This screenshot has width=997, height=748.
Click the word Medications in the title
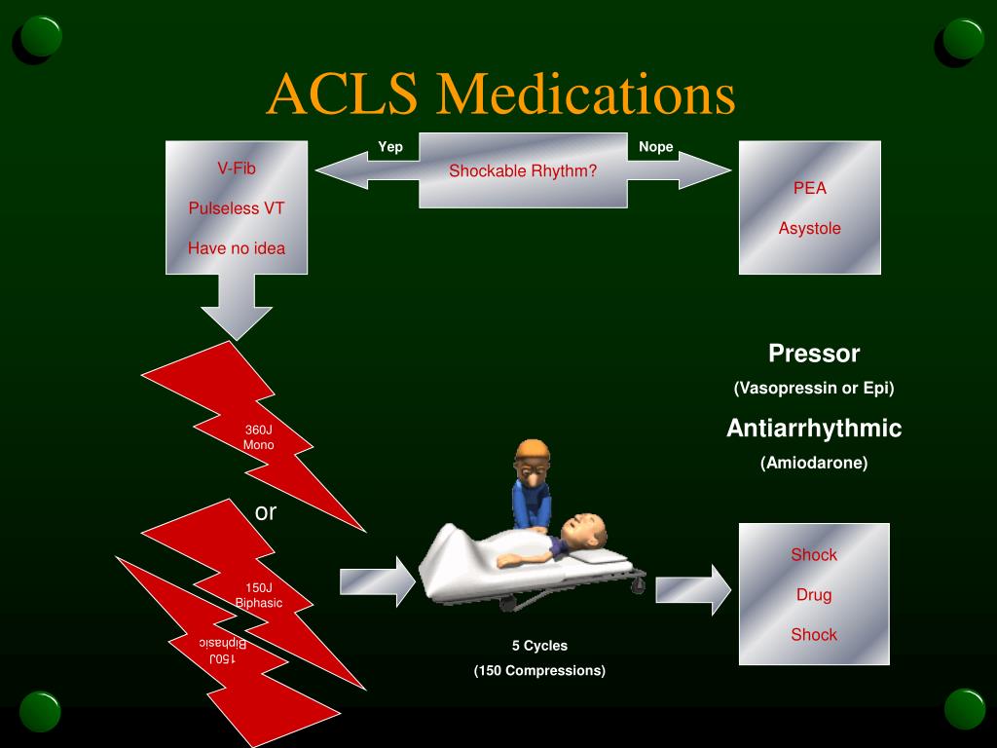[585, 94]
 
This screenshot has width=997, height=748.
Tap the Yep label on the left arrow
[390, 147]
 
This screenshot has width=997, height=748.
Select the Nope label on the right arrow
[655, 147]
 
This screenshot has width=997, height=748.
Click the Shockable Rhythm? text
[523, 170]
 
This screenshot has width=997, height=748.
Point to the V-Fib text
[237, 168]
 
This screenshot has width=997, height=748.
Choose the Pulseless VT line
[237, 208]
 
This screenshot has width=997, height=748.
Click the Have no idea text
[237, 248]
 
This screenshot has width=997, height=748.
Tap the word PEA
[809, 188]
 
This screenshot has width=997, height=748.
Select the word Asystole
[809, 228]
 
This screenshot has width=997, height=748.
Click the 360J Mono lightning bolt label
[259, 437]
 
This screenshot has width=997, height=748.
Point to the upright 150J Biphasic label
[259, 595]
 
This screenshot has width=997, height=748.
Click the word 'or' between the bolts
[266, 512]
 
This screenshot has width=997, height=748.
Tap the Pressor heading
[814, 354]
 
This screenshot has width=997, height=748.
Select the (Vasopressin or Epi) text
[814, 388]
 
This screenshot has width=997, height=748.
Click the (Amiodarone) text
[814, 463]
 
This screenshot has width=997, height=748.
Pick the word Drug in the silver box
[814, 595]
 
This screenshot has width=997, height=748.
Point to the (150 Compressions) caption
[539, 670]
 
